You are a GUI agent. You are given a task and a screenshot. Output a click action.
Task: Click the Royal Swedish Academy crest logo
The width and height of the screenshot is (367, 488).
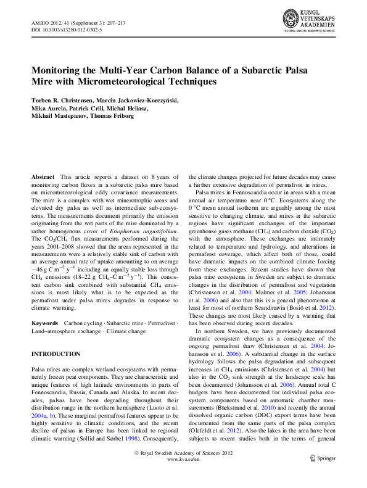[291, 19]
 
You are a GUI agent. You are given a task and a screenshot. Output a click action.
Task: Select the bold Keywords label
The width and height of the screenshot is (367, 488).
[45, 323]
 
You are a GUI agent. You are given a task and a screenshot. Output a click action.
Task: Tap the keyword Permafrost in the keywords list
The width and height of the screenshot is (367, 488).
[162, 323]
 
